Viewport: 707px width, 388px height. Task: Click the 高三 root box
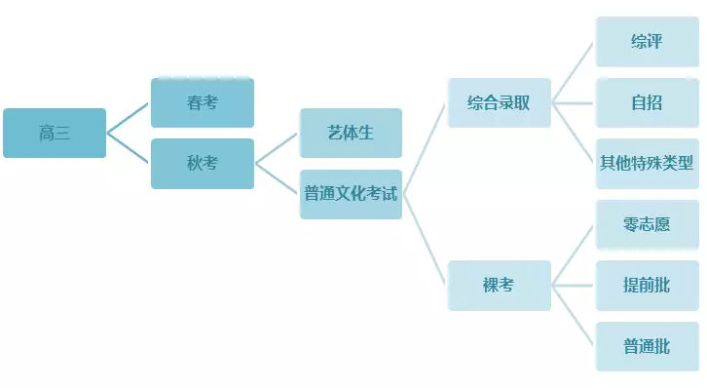(x=55, y=134)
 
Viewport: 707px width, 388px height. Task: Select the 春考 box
(x=203, y=102)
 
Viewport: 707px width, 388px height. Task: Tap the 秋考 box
(x=203, y=163)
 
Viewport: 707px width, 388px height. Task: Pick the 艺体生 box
(x=351, y=133)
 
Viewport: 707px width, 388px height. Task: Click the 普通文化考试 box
(x=351, y=193)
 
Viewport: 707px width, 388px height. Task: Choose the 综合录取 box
(x=499, y=102)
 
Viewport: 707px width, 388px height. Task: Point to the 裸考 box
(x=499, y=285)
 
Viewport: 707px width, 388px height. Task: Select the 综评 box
(x=647, y=42)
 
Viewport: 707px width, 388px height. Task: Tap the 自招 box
(x=647, y=102)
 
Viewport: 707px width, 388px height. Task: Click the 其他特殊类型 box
(x=647, y=163)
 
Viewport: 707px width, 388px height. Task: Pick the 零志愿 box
(x=647, y=223)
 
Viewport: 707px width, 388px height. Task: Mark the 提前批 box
(x=647, y=285)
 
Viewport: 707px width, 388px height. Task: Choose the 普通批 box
(x=647, y=345)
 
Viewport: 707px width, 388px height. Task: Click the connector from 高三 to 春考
(x=129, y=117)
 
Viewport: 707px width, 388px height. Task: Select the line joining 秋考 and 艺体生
(x=277, y=147)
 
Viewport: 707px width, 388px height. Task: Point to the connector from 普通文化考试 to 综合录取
(x=425, y=147)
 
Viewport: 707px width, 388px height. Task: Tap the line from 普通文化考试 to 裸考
(x=425, y=240)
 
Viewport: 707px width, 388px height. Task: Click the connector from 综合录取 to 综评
(x=574, y=71)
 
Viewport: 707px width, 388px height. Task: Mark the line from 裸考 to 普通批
(x=574, y=315)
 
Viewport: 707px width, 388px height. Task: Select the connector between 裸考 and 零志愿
(x=574, y=254)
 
